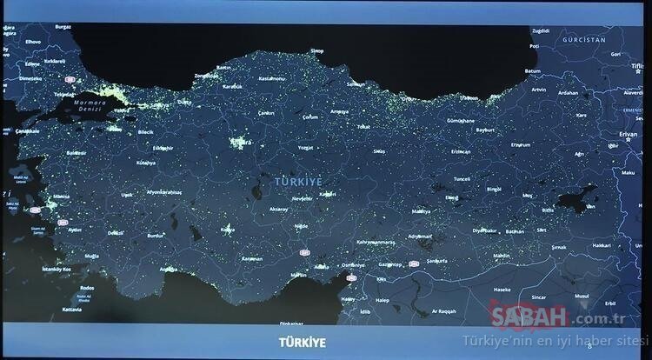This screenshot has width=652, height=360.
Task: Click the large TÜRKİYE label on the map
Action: [298, 180]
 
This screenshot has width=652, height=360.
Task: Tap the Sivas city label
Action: [380, 150]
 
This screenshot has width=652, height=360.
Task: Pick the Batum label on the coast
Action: [533, 70]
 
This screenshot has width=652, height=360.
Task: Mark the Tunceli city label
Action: [462, 179]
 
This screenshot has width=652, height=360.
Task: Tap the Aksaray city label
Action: [278, 210]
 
